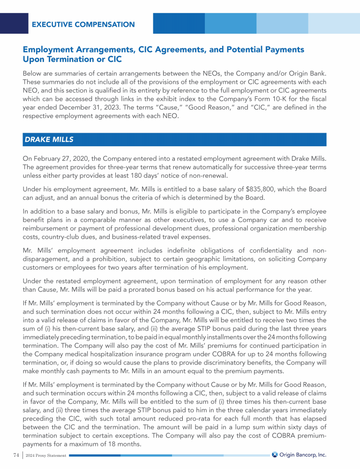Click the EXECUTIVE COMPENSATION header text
(83, 24)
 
